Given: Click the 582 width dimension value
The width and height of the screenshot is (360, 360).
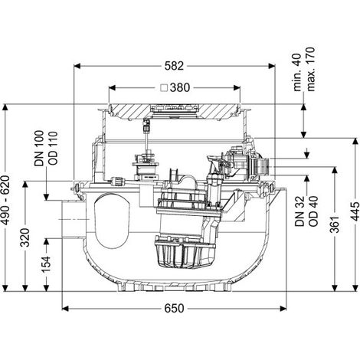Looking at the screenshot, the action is [x=174, y=66].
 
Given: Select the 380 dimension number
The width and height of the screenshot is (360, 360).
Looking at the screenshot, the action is [x=180, y=88].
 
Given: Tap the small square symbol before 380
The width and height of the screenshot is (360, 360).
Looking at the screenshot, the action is [x=164, y=88].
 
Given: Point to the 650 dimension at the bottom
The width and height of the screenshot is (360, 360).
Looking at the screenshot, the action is [x=174, y=309].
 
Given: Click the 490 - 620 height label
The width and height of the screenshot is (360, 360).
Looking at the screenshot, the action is [x=5, y=201].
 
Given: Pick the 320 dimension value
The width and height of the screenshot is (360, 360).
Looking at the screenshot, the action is [x=25, y=237].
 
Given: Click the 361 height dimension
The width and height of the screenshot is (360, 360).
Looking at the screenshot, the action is [x=335, y=224].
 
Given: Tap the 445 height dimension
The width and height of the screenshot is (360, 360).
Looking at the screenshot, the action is [x=355, y=211].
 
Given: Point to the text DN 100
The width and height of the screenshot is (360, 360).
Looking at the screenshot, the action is [x=39, y=149].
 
